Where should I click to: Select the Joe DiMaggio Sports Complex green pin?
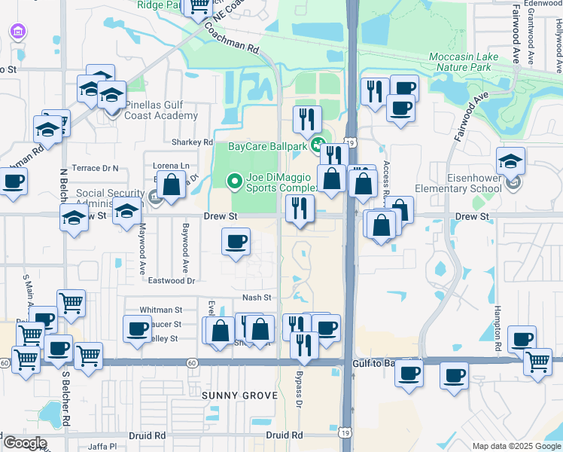pos(234,181)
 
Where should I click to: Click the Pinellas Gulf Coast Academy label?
pos(151,110)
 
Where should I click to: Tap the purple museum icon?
pos(17,32)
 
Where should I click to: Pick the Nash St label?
pos(257,298)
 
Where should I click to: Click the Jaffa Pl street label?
pos(102,446)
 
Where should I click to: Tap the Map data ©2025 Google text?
pos(516,446)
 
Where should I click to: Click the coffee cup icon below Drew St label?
pos(236,242)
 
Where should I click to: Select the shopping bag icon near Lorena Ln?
pos(172,185)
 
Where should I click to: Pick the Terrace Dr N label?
pos(95,168)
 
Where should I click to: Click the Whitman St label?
pos(161,310)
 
